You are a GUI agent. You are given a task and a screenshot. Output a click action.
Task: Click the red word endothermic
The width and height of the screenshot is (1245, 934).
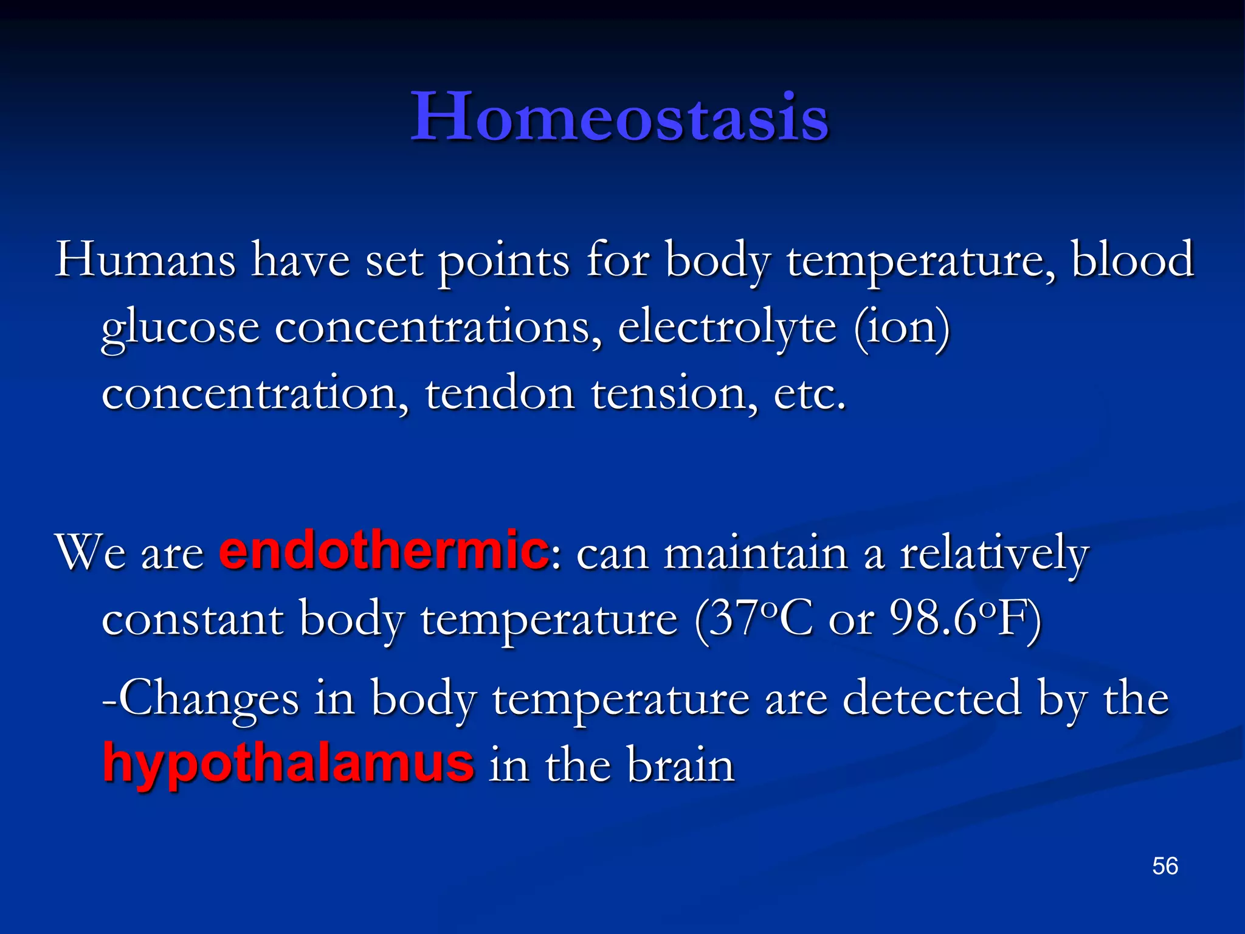tap(384, 550)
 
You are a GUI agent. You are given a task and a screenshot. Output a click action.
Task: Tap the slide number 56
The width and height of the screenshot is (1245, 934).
tap(1165, 866)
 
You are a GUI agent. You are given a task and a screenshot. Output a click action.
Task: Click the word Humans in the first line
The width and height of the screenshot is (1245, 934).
tap(145, 260)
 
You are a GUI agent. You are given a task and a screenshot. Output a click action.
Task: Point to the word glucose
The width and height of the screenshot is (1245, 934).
tap(180, 328)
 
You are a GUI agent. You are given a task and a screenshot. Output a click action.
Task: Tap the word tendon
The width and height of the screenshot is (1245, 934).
tap(500, 394)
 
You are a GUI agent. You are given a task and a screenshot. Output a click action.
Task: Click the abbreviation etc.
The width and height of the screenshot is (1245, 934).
tap(809, 394)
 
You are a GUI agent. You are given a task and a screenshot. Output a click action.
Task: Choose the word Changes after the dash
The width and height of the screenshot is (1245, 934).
tap(208, 698)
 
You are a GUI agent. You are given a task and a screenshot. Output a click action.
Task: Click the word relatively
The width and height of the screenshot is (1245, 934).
tap(994, 553)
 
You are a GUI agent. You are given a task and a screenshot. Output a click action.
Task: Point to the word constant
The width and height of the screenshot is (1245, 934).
tap(193, 619)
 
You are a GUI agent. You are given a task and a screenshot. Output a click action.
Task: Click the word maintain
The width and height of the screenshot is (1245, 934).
tap(755, 553)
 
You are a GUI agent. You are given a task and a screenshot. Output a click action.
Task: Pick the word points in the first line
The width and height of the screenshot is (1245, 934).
tap(504, 260)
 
